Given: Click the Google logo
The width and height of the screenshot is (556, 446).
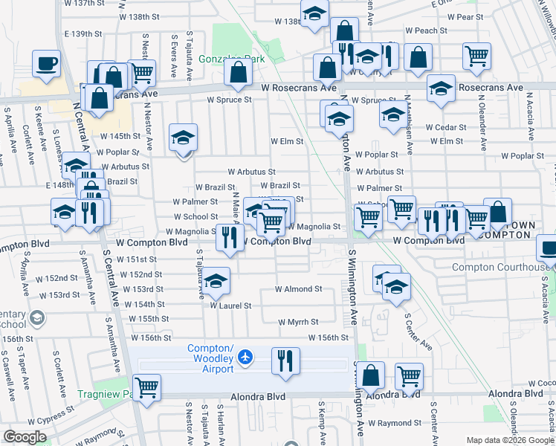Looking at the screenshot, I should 25,436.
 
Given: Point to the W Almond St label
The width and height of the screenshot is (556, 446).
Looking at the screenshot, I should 298,289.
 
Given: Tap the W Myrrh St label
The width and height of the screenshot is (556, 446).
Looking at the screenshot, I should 298,323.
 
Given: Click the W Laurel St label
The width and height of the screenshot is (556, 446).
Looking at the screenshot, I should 230,306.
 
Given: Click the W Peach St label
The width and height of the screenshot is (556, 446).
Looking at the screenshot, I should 426,31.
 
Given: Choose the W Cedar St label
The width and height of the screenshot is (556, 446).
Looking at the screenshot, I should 446,127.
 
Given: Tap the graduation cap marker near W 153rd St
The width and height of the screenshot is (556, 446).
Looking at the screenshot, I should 216,281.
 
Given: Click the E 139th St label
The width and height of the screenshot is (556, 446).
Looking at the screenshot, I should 83,34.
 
